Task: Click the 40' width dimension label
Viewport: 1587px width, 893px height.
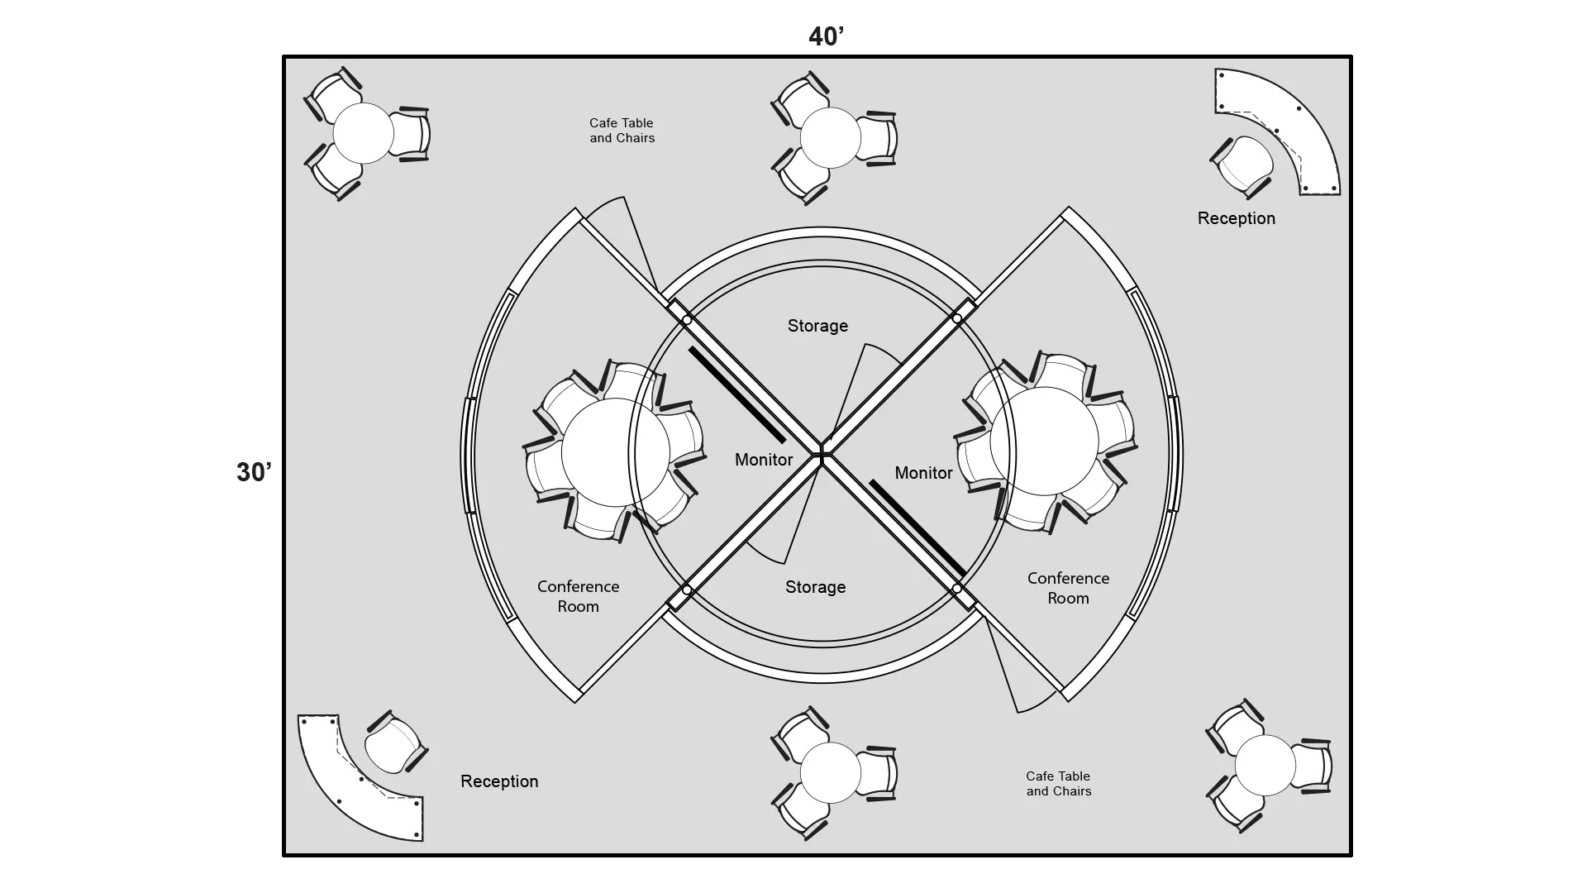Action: click(826, 36)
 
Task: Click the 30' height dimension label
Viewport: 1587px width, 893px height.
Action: click(254, 472)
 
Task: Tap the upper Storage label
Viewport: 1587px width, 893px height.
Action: click(817, 326)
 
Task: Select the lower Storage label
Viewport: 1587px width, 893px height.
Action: click(815, 587)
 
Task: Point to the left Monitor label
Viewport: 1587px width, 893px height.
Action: click(764, 460)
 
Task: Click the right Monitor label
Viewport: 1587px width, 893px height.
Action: click(923, 473)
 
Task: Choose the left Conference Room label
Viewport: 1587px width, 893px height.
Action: click(578, 596)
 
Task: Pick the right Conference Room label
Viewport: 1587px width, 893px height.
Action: click(1068, 588)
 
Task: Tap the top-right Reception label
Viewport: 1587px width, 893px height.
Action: click(1236, 218)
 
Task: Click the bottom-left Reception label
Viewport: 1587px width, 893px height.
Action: click(499, 781)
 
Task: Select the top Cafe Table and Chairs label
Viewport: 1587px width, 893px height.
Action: click(622, 131)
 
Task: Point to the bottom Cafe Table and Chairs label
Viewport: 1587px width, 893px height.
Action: click(1058, 783)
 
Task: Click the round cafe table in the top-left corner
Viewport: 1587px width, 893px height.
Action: click(363, 133)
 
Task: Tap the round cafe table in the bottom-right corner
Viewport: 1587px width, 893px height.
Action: click(1265, 766)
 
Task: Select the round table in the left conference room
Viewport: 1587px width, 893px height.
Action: click(615, 452)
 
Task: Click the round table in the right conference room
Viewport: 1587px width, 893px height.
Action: click(1044, 441)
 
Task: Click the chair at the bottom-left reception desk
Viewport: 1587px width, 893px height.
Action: click(394, 743)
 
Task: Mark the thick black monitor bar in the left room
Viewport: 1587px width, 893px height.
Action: click(736, 394)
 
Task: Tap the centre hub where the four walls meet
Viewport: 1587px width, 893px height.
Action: click(822, 452)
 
